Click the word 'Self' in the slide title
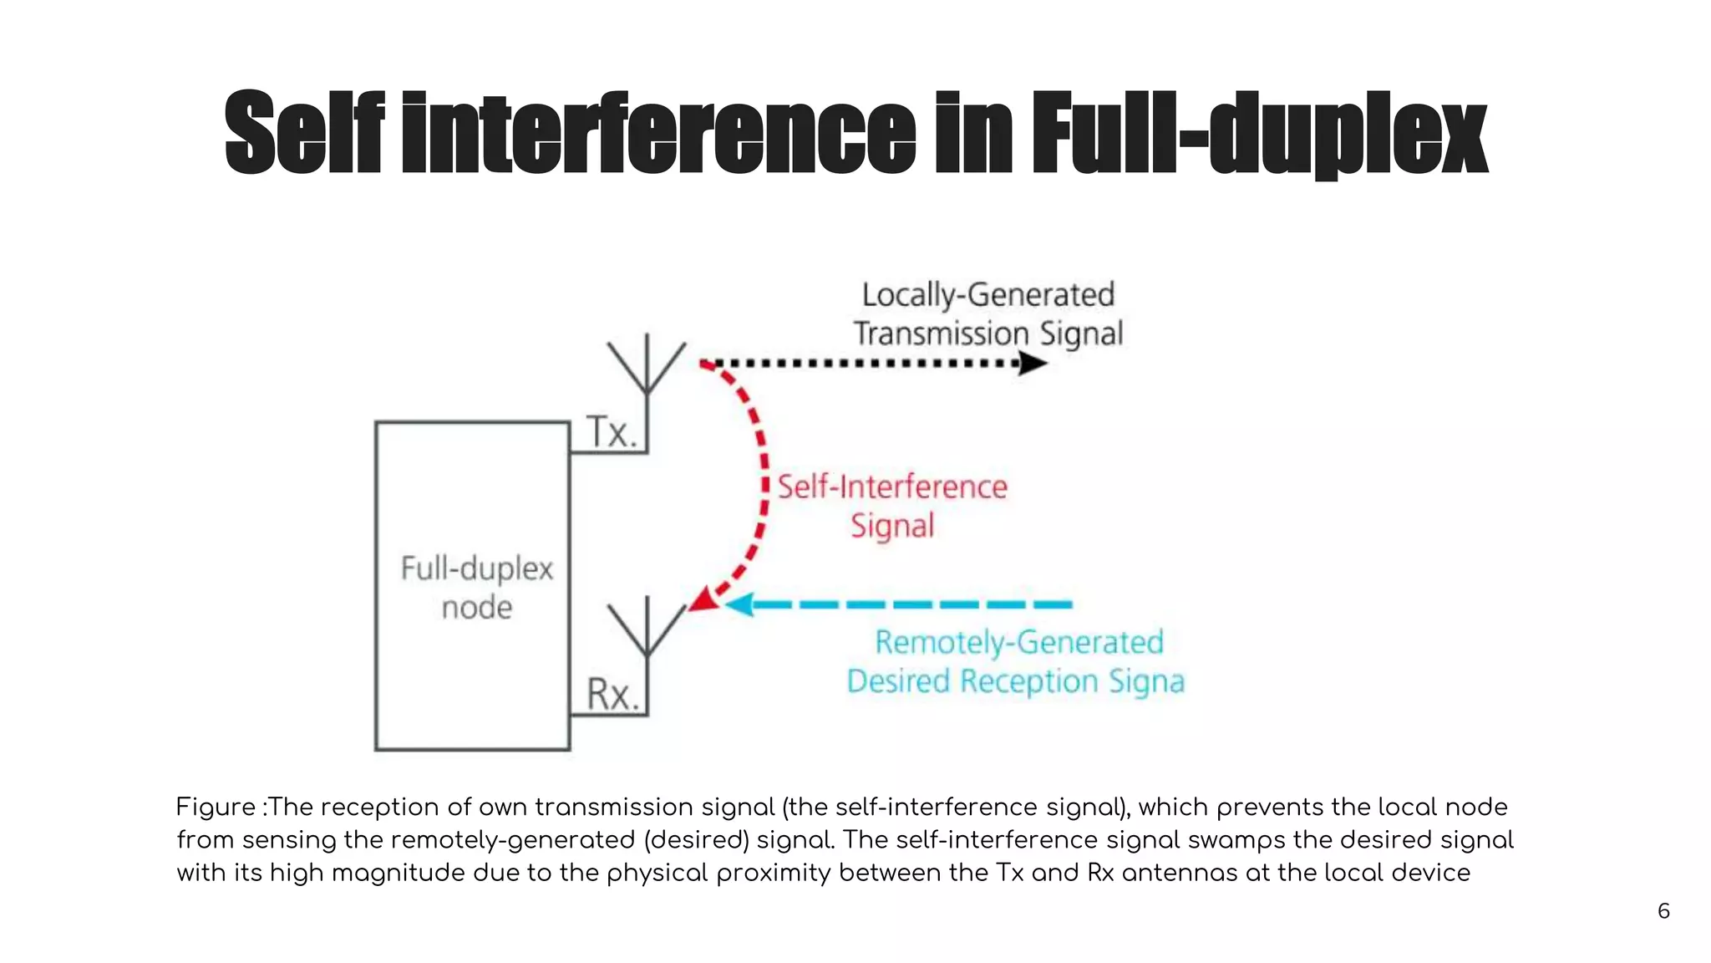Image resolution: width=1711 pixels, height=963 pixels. click(304, 133)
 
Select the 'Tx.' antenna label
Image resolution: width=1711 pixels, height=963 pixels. click(612, 432)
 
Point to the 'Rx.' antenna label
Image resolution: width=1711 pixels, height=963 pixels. click(612, 695)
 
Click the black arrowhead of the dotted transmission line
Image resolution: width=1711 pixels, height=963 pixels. click(1033, 364)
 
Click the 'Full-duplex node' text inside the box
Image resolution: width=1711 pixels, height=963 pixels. click(477, 588)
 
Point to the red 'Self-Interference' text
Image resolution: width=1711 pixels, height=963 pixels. click(892, 487)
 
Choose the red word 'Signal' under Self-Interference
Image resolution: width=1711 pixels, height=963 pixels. click(892, 526)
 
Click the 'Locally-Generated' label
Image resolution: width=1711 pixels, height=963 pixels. click(988, 295)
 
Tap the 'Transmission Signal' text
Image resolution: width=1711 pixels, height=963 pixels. click(988, 334)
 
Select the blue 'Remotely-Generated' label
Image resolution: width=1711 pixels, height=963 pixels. click(1018, 642)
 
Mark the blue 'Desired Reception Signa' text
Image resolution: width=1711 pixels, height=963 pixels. click(1015, 681)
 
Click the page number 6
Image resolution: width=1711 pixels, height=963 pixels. click(1663, 911)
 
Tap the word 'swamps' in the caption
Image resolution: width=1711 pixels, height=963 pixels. click(1233, 840)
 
